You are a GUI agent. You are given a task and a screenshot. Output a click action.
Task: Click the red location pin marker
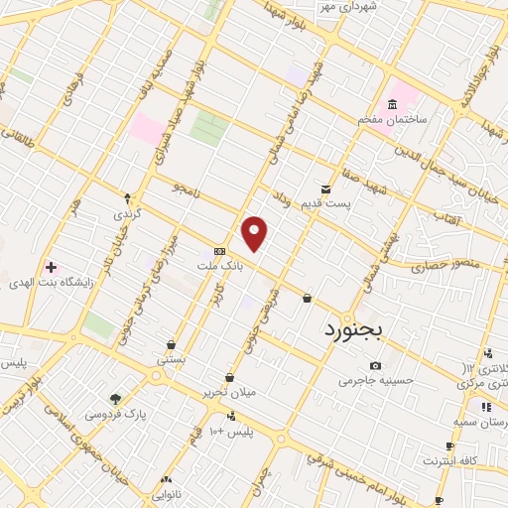pyautogui.click(x=255, y=233)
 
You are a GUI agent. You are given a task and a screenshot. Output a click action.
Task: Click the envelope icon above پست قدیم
pyautogui.click(x=325, y=189)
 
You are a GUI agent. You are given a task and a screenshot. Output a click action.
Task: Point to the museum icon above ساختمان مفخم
pyautogui.click(x=393, y=105)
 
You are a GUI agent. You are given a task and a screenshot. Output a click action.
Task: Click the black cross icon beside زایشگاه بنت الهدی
pyautogui.click(x=51, y=268)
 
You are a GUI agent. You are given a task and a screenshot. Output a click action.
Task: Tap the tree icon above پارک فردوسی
pyautogui.click(x=115, y=399)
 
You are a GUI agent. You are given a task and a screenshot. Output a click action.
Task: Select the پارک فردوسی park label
pyautogui.click(x=115, y=413)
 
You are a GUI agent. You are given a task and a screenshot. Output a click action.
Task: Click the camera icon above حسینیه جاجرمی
pyautogui.click(x=375, y=365)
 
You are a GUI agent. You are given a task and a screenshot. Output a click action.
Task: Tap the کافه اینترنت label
pyautogui.click(x=451, y=460)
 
